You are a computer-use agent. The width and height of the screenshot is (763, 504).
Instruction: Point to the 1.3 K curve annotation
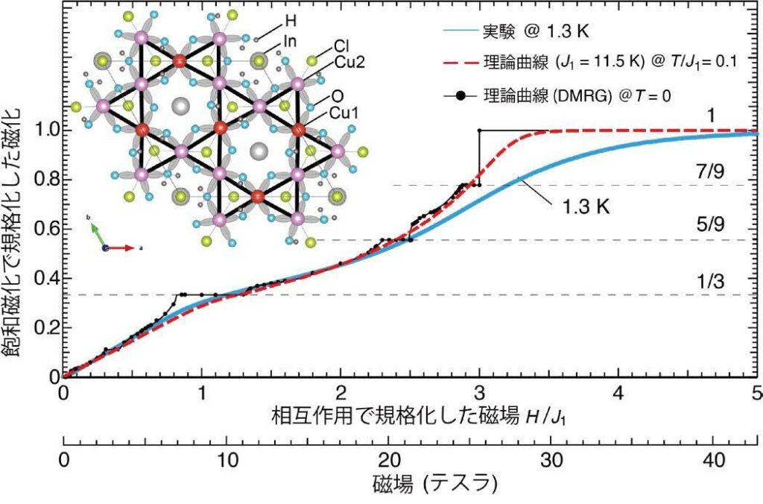click(586, 206)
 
